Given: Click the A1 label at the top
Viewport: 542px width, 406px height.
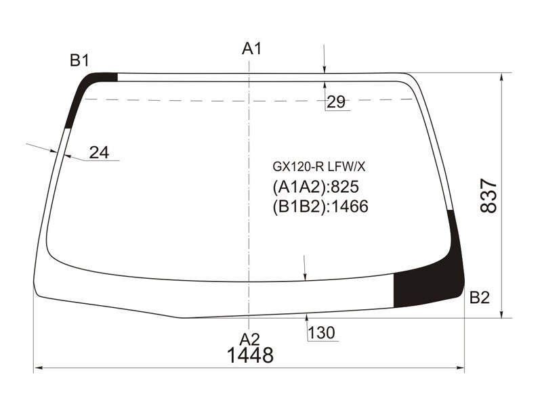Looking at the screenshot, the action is point(251,49).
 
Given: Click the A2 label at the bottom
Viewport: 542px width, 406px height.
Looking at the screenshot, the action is point(249,340).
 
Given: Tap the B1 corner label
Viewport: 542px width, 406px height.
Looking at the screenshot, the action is point(79,60).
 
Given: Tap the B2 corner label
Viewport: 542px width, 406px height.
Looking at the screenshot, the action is point(480,297).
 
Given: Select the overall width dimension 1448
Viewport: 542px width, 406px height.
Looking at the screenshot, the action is point(250,355).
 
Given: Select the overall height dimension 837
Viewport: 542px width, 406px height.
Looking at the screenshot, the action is point(488,196).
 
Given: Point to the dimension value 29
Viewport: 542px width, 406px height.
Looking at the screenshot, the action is point(336,102).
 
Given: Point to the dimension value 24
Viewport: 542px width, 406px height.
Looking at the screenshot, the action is point(99,152).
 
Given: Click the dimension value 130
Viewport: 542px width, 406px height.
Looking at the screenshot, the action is point(321,333).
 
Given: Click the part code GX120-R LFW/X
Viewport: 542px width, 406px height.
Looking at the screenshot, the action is point(318,167).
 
